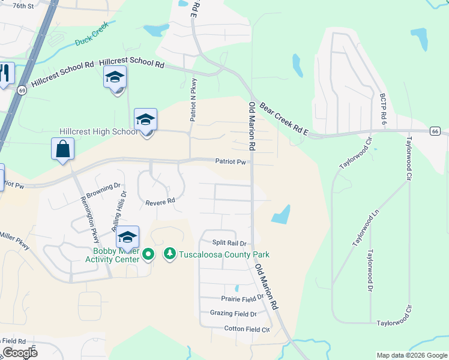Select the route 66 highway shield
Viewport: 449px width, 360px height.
[435, 131]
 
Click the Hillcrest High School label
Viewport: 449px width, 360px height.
[98, 132]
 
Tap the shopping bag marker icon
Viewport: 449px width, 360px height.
[62, 148]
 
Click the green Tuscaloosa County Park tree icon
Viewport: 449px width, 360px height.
[170, 255]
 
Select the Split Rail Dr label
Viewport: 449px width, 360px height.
[230, 243]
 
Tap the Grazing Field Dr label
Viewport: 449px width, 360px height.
[233, 313]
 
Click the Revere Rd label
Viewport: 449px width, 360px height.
[160, 202]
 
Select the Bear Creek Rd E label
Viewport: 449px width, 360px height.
[283, 118]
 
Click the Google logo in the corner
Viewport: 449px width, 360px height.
[19, 352]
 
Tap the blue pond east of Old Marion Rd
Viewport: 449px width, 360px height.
[281, 215]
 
